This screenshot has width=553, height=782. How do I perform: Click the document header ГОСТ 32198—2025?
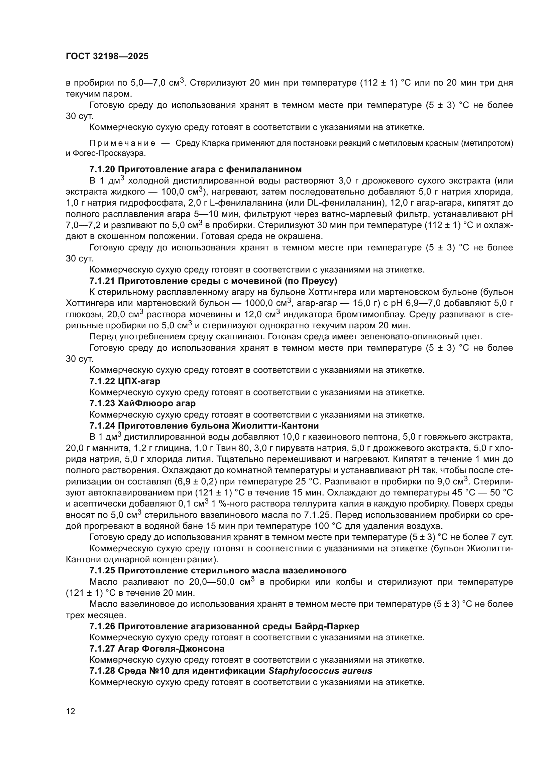[107, 56]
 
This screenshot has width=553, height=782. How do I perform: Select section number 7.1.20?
[102, 169]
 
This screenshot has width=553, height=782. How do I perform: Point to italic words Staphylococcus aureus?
[320, 671]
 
